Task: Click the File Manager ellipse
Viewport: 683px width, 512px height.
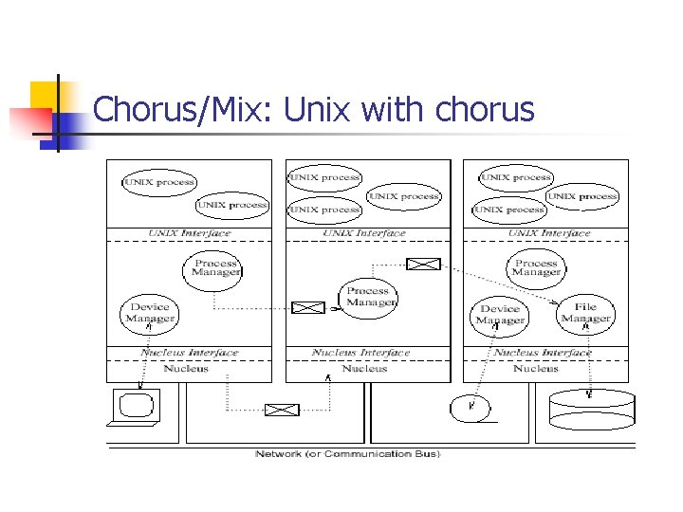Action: click(585, 314)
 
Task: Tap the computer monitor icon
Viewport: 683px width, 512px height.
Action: click(134, 407)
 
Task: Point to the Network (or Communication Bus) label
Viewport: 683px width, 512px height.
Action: click(347, 455)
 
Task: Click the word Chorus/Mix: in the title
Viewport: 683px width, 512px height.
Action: click(183, 112)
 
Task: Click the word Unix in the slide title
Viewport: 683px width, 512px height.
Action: click(318, 111)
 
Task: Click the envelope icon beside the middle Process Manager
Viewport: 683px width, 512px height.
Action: click(307, 307)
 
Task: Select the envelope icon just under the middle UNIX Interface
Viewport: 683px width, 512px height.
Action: click(424, 264)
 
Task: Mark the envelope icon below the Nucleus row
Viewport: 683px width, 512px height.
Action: click(281, 410)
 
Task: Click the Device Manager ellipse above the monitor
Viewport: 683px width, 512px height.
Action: click(150, 313)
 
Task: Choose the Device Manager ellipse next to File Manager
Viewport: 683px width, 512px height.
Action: click(500, 315)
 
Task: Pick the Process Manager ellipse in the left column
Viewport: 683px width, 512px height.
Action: click(215, 269)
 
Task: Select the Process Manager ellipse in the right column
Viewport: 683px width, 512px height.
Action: click(536, 268)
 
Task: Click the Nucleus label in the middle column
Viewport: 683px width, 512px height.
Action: click(365, 369)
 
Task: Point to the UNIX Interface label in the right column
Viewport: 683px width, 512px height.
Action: click(549, 233)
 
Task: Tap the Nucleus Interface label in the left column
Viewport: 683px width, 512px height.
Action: click(189, 353)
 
